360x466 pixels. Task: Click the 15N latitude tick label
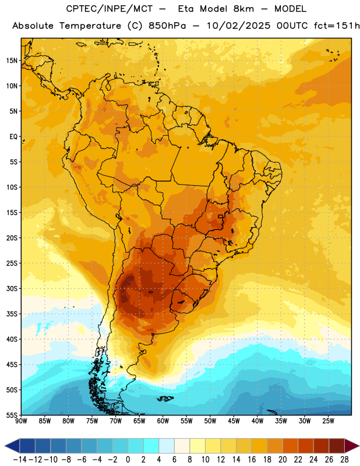tap(12, 61)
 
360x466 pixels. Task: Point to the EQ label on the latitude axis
tap(13, 137)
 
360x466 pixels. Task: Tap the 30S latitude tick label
tap(12, 288)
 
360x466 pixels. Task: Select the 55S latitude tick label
tap(12, 415)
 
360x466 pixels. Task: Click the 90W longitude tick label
tap(21, 421)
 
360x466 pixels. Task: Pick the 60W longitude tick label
tap(163, 421)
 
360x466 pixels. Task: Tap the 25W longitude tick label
tap(328, 421)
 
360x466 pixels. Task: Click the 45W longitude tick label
tap(234, 421)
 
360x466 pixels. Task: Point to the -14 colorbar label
tap(20, 460)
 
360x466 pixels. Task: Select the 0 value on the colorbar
tap(128, 460)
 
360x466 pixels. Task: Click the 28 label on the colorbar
tap(344, 460)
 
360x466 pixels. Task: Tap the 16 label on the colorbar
tap(252, 460)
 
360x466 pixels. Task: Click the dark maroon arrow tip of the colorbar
tap(352, 446)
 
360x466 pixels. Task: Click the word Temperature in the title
tap(90, 26)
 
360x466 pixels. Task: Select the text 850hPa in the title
tap(167, 26)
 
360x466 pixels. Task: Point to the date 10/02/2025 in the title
tap(239, 26)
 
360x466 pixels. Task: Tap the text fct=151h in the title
tap(337, 26)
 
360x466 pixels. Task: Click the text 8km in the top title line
tap(243, 9)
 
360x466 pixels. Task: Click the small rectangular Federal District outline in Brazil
tap(221, 216)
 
